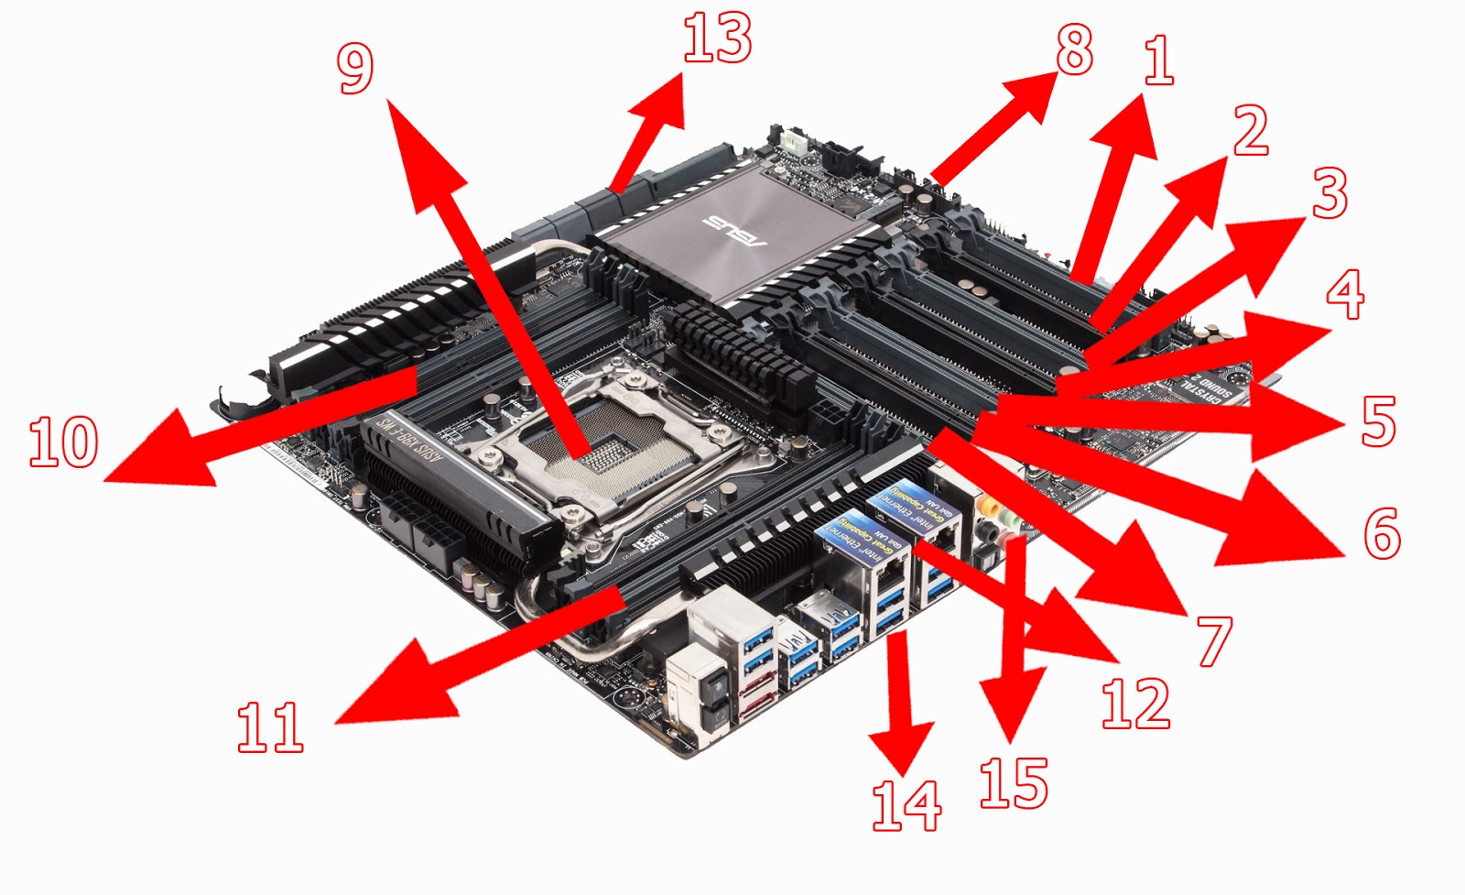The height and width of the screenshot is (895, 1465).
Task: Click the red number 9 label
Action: coord(355,69)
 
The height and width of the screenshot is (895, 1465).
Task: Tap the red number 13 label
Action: coord(717,39)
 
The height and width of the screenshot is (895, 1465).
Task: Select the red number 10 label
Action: coord(63,442)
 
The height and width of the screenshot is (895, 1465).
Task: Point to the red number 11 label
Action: coord(269,727)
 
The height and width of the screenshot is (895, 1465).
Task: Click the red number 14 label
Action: coord(906,805)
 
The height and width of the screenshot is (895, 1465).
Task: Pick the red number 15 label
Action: coord(1013,783)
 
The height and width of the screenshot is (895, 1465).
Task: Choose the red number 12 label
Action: coord(1135,704)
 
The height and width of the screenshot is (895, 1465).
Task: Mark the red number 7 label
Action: coord(1214,641)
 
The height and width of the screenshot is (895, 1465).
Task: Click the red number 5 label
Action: coord(1378,420)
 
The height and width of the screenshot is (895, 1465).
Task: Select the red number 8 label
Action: coord(1074,49)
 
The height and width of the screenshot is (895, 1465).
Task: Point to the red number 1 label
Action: coord(1158,60)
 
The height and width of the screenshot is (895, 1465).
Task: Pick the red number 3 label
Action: coord(1329,193)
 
